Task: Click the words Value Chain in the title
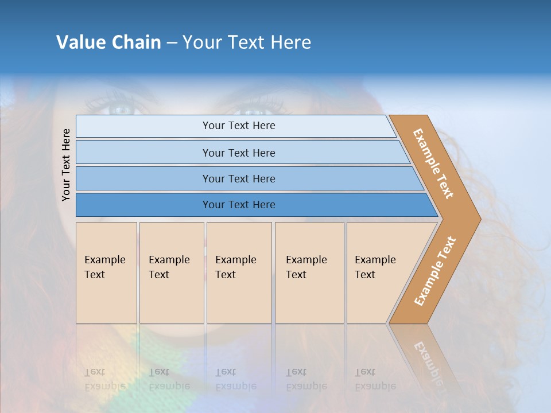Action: [108, 42]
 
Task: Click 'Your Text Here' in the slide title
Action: [247, 42]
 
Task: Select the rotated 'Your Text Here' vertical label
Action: [66, 165]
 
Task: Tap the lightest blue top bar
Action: [238, 126]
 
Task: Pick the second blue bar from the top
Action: [238, 153]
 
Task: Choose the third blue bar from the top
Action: [238, 178]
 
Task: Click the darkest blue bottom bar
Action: [238, 205]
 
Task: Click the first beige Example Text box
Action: [106, 272]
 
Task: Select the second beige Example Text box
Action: [171, 272]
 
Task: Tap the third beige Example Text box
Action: [239, 272]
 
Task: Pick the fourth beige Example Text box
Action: [309, 272]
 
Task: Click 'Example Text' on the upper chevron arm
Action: [433, 163]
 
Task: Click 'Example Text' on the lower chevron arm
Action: [435, 271]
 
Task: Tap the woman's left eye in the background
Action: [119, 109]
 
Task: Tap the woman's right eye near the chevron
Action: [253, 110]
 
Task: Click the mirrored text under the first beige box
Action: [104, 379]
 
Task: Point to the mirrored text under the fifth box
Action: [374, 379]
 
